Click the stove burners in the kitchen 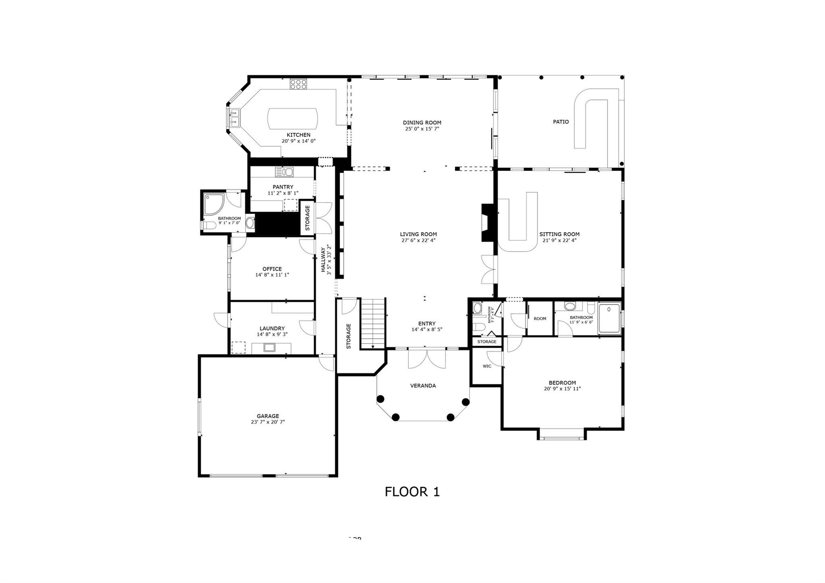click(x=298, y=84)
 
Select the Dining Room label click(x=422, y=122)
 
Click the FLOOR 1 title click(x=412, y=492)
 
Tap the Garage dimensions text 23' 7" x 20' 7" click(x=268, y=422)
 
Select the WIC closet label click(x=487, y=366)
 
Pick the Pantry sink click(x=284, y=172)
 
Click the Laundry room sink click(x=269, y=347)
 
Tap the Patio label click(x=561, y=122)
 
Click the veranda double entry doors click(x=427, y=359)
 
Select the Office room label click(x=272, y=269)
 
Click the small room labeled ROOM click(x=540, y=318)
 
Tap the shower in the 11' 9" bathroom click(x=609, y=319)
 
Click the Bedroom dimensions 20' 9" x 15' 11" click(x=562, y=389)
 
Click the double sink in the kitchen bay click(x=234, y=117)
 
